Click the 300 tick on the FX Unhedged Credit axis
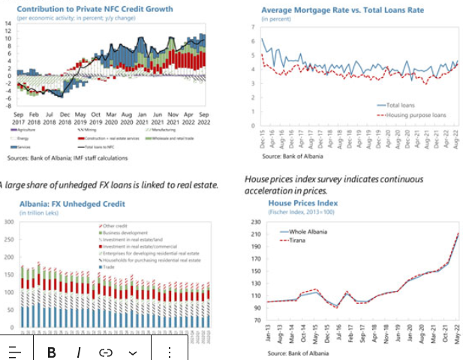(8, 222)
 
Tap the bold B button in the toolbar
(52, 352)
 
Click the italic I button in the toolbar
(78, 352)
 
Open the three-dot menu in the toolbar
(170, 352)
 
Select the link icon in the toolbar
(106, 352)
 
